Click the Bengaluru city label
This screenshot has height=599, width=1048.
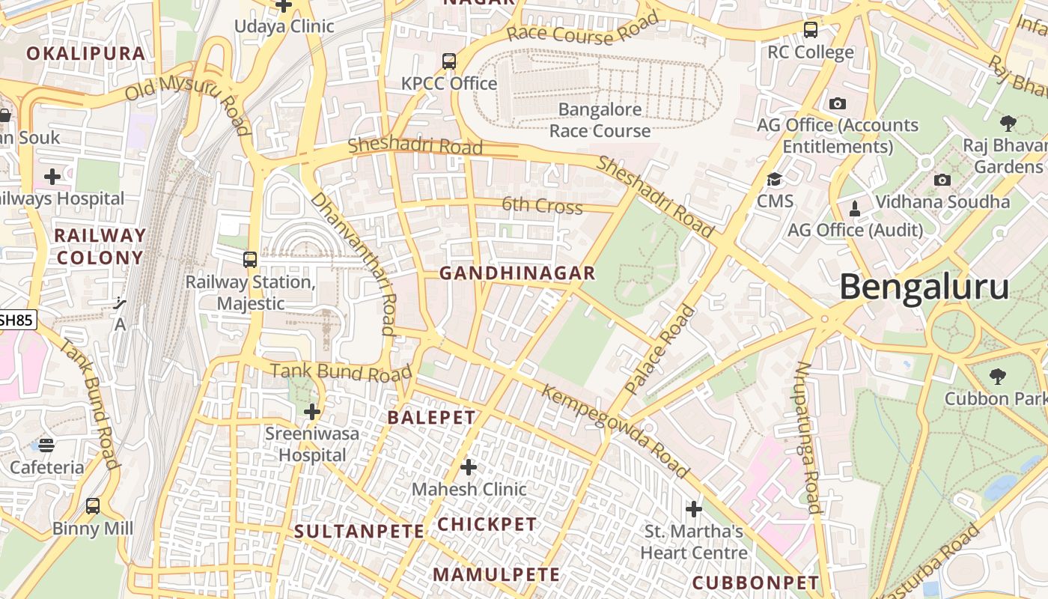[x=924, y=288]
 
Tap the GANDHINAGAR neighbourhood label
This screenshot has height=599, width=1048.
[x=517, y=273]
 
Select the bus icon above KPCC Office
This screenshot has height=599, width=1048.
[x=449, y=61]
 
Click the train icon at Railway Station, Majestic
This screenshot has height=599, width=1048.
[x=250, y=260]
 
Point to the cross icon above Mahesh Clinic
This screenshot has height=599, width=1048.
[x=469, y=468]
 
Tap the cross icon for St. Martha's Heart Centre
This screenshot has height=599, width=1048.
[x=694, y=509]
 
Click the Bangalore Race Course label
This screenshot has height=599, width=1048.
[x=600, y=120]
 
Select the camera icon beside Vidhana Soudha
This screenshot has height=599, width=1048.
[x=942, y=180]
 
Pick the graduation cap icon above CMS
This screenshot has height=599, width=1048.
[x=774, y=180]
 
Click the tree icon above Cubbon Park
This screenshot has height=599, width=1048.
[x=997, y=377]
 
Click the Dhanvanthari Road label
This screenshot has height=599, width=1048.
[x=353, y=263]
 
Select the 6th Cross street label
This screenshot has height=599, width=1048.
[x=542, y=205]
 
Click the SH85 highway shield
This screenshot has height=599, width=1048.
[x=16, y=320]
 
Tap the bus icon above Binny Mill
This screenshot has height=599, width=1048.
[x=93, y=506]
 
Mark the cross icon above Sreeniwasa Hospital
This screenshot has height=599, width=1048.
[x=312, y=412]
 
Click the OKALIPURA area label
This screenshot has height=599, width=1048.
[x=85, y=53]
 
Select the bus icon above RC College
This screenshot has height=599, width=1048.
[x=811, y=30]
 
